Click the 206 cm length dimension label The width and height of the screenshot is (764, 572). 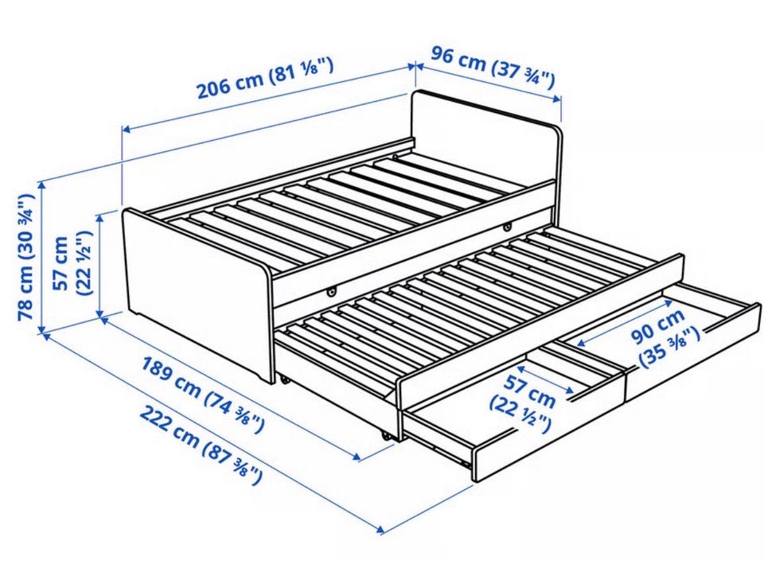[x=266, y=77]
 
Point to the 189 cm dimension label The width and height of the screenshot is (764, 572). [x=203, y=395]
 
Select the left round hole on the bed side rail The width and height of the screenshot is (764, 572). [x=331, y=292]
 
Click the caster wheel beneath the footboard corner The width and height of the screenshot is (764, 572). [x=284, y=379]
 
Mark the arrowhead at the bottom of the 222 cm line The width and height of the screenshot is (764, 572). [x=380, y=529]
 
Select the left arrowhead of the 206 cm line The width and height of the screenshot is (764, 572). [x=127, y=129]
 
